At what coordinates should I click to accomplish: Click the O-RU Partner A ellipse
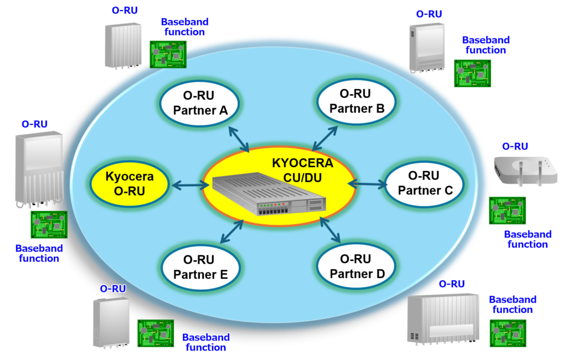click(x=199, y=103)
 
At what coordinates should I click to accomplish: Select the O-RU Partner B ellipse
click(x=357, y=101)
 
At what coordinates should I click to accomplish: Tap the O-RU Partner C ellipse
click(x=424, y=183)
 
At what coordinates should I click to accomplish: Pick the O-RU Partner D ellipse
click(x=357, y=266)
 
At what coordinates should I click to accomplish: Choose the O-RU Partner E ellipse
click(x=200, y=268)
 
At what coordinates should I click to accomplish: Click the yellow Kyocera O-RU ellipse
click(x=130, y=184)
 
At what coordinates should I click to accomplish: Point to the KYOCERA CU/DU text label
click(x=303, y=171)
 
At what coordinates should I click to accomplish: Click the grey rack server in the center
click(x=270, y=194)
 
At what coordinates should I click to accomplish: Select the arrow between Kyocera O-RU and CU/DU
click(x=190, y=186)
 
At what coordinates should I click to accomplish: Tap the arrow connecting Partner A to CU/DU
click(x=239, y=140)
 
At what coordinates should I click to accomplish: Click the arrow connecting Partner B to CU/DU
click(x=325, y=138)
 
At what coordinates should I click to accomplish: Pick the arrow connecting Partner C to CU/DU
click(x=368, y=184)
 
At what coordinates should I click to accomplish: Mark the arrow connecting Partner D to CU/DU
click(x=330, y=230)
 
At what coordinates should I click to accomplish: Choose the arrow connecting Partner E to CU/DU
click(x=232, y=231)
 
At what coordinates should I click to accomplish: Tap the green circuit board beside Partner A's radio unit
click(x=168, y=54)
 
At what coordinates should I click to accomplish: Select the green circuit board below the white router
click(x=507, y=210)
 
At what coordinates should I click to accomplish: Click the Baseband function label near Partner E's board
click(x=206, y=342)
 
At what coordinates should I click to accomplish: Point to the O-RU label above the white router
click(x=515, y=147)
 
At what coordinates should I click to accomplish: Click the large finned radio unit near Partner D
click(x=444, y=319)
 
